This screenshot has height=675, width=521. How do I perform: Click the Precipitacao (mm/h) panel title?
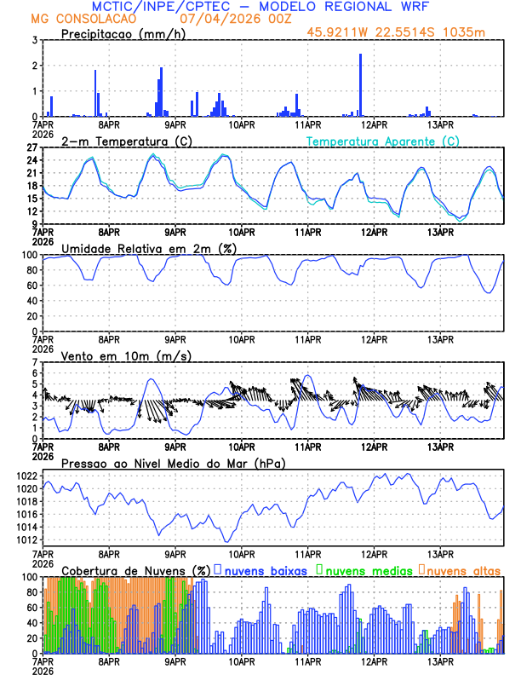(123, 33)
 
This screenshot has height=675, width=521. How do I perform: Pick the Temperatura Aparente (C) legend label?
(383, 141)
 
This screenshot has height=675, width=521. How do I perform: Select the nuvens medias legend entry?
(362, 570)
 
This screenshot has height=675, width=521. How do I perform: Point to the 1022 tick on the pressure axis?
(29, 476)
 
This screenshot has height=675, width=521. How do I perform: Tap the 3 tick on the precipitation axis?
(35, 40)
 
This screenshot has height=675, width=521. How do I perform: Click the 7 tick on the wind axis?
(35, 362)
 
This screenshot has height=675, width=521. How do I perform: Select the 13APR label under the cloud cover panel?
(440, 661)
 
